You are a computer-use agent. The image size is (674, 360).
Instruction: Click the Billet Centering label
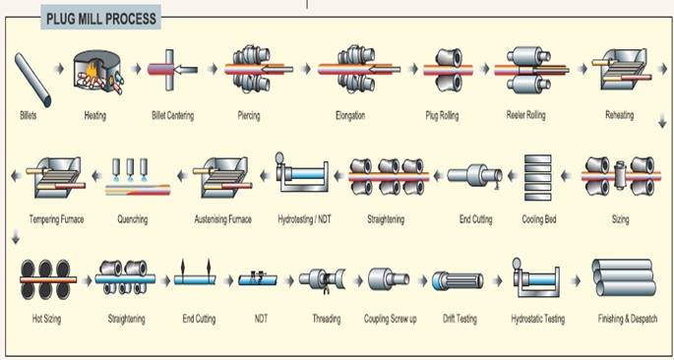pos(172,117)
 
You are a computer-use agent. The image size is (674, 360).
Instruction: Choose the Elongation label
pos(349,117)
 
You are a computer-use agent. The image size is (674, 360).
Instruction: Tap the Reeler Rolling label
pos(528,117)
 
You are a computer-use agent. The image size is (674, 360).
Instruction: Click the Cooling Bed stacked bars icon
pos(538,176)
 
